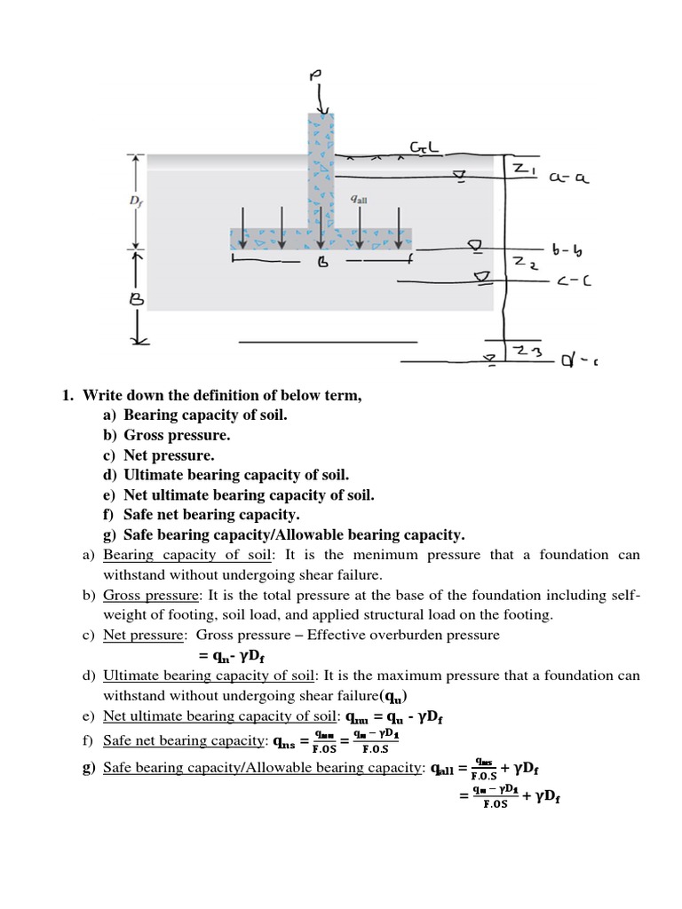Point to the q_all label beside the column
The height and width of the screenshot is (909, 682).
[x=359, y=199]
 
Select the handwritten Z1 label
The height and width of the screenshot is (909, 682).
[x=519, y=169]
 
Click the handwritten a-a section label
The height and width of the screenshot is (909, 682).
[x=569, y=178]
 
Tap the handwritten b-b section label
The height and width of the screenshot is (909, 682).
[x=568, y=251]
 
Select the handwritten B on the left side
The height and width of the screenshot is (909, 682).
[x=139, y=301]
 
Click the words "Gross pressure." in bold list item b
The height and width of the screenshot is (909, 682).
[x=177, y=435]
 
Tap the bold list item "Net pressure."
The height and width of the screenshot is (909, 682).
[x=169, y=454]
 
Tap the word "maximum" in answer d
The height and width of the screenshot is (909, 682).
[x=385, y=676]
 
